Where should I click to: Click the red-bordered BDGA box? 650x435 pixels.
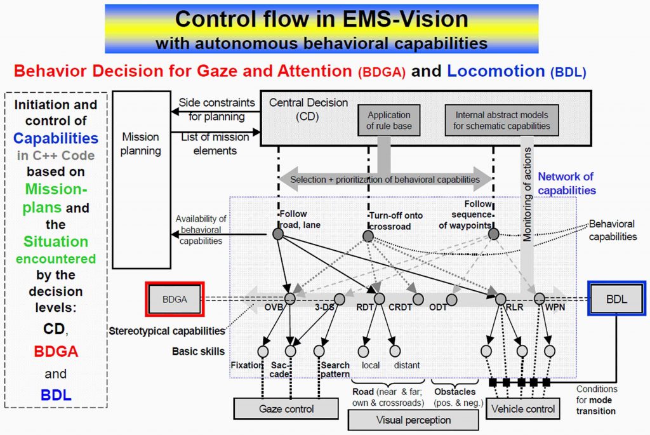click(x=175, y=299)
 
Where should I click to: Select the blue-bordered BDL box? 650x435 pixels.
click(x=616, y=298)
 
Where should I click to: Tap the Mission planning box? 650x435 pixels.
click(x=141, y=179)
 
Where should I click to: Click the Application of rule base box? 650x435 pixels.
click(x=389, y=120)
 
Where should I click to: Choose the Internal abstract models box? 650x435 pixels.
click(x=502, y=120)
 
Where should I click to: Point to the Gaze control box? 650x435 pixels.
click(x=286, y=409)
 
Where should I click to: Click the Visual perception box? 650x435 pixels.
click(x=413, y=420)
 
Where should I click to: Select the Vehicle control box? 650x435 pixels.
click(x=524, y=409)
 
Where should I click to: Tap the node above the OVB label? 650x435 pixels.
click(x=290, y=298)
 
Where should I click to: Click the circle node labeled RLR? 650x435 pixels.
click(x=500, y=298)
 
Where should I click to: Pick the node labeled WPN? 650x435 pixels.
click(x=539, y=298)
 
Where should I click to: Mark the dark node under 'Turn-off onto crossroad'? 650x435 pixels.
click(x=368, y=236)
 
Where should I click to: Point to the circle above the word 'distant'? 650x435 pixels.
click(x=395, y=351)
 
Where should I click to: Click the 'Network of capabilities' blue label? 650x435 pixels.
click(x=566, y=184)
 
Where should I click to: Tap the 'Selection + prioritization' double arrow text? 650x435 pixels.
click(x=385, y=180)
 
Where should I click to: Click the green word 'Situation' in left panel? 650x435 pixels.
click(x=56, y=242)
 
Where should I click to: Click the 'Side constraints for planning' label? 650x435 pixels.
click(x=216, y=109)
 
